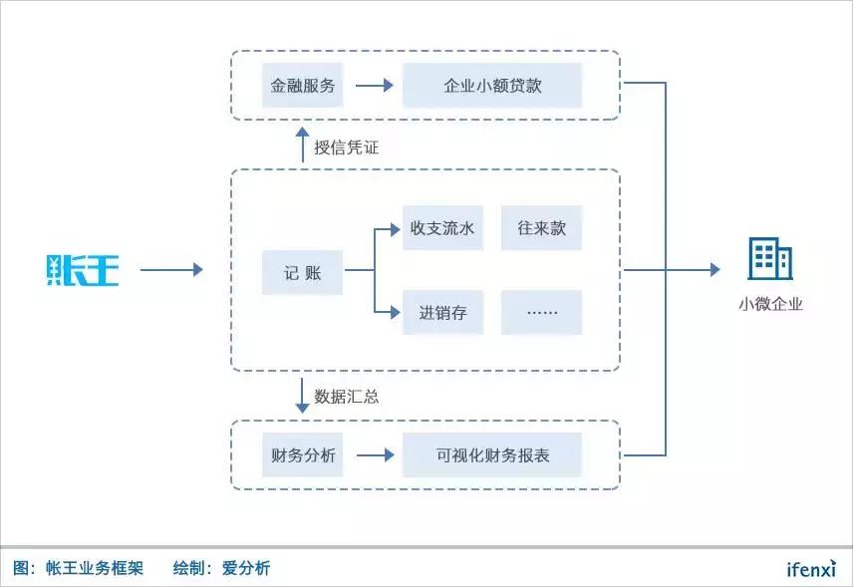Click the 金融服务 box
pyautogui.click(x=302, y=86)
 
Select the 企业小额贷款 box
pyautogui.click(x=492, y=86)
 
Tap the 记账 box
pyautogui.click(x=302, y=270)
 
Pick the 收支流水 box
pyautogui.click(x=441, y=228)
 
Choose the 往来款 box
pyautogui.click(x=541, y=228)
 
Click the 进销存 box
pyautogui.click(x=441, y=313)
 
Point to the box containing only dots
pyautogui.click(x=541, y=313)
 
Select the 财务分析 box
pyautogui.click(x=302, y=455)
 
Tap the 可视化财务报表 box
pyautogui.click(x=492, y=455)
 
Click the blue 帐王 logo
pyautogui.click(x=83, y=270)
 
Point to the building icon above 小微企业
pyautogui.click(x=769, y=260)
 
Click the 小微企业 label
pyautogui.click(x=769, y=305)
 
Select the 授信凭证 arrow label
pyautogui.click(x=347, y=147)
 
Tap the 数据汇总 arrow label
pyautogui.click(x=347, y=396)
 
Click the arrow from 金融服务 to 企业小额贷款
pyautogui.click(x=374, y=86)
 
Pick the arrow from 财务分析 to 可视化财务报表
pyautogui.click(x=374, y=455)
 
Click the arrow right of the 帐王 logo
pyautogui.click(x=170, y=270)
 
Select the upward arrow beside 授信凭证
pyautogui.click(x=303, y=145)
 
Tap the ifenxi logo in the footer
pyautogui.click(x=812, y=569)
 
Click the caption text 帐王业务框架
pyautogui.click(x=95, y=569)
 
